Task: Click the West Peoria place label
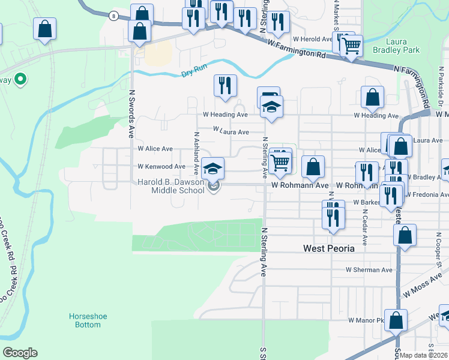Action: tap(328, 248)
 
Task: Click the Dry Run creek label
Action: tap(193, 74)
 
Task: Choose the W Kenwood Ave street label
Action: tap(161, 166)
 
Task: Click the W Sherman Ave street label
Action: tap(369, 270)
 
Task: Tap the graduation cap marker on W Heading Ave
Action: tap(271, 107)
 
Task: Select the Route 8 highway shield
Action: tap(113, 16)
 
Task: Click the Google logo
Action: tap(20, 353)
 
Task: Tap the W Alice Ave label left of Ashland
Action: tap(155, 149)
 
